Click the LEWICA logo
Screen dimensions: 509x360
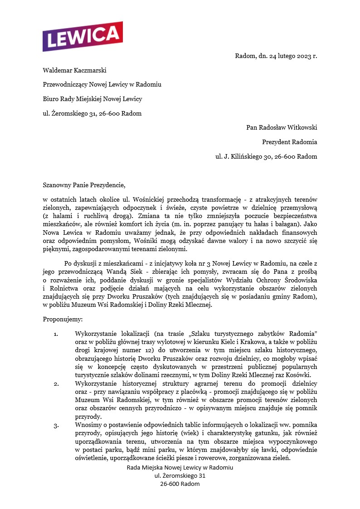[x=83, y=36]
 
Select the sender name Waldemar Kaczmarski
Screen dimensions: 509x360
[x=75, y=70]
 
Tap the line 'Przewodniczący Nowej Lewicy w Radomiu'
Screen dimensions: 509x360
[x=102, y=85]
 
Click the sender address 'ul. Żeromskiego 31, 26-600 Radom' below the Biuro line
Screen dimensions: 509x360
[x=92, y=113]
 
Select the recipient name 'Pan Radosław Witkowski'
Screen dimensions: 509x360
[x=282, y=127]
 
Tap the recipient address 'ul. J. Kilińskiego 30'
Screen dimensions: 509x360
[x=266, y=156]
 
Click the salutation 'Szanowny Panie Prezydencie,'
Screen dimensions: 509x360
[x=83, y=185]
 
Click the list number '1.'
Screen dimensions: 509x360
[x=56, y=334]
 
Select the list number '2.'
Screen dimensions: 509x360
[x=56, y=384]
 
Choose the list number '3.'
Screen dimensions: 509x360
[x=56, y=426]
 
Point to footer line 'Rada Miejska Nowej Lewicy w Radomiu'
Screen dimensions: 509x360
[x=180, y=467]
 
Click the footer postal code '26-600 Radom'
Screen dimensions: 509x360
[x=180, y=484]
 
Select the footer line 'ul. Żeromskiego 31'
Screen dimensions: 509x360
[x=180, y=475]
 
